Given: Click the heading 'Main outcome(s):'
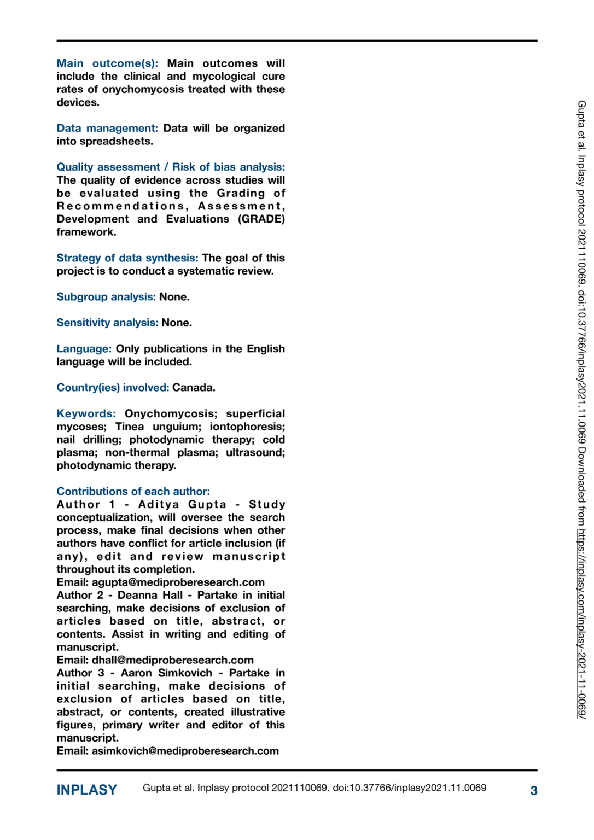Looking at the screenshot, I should (107, 63).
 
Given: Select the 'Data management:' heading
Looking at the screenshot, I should (107, 129).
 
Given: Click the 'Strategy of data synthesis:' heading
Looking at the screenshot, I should (127, 258).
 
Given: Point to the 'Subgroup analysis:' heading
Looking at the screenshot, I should (106, 297).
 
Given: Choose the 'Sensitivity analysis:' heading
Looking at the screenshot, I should (107, 323).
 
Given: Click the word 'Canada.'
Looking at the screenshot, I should (194, 388).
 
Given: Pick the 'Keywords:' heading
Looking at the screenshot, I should (86, 414).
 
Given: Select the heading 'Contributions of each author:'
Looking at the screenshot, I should (133, 492).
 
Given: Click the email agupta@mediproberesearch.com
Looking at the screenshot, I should (178, 582).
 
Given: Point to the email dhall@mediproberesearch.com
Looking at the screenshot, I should (172, 660).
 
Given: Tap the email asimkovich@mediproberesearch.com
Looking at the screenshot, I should (185, 751).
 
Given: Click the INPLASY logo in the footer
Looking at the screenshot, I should (86, 790).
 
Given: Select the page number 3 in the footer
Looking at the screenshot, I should (533, 791).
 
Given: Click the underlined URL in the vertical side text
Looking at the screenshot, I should (581, 623).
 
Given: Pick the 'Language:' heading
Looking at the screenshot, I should (84, 349).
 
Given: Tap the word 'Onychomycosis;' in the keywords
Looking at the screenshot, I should (171, 414).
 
